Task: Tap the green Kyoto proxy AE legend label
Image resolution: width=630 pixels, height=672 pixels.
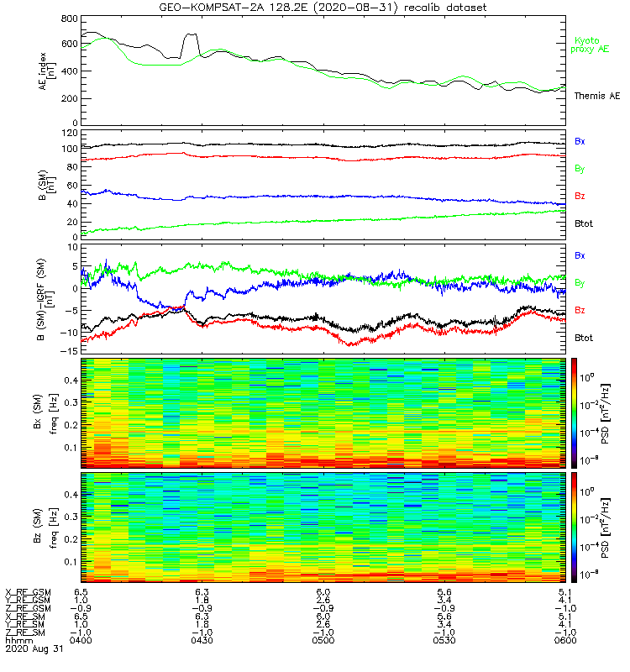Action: (x=592, y=45)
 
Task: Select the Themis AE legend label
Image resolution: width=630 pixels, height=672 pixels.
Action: (x=596, y=96)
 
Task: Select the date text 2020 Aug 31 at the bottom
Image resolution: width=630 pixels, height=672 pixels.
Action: (x=34, y=649)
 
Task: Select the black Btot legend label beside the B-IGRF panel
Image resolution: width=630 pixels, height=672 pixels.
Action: (x=585, y=337)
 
